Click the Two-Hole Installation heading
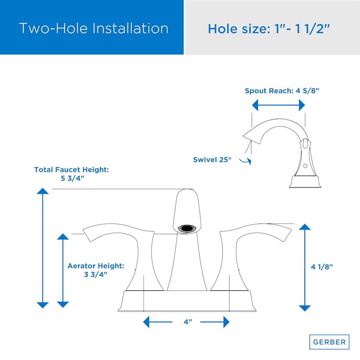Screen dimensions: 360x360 click(x=94, y=28)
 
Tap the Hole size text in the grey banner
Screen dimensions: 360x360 click(x=269, y=29)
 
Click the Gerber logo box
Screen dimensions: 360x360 click(x=329, y=342)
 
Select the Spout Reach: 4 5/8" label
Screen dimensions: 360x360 click(x=282, y=91)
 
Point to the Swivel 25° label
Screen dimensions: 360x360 click(x=212, y=160)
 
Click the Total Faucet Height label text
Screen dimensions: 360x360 click(x=72, y=170)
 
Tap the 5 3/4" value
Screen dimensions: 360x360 click(x=72, y=178)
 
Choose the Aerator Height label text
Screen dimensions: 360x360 click(x=96, y=266)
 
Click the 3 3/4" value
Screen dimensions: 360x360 click(x=96, y=274)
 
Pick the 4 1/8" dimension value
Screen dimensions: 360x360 click(x=322, y=267)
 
